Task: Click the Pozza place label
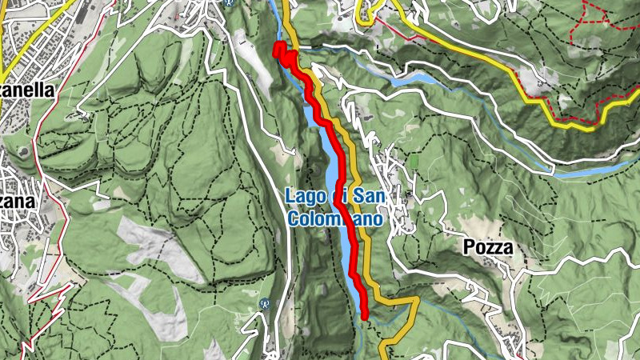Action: click(487, 249)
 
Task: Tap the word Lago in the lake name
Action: click(302, 196)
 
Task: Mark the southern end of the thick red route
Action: click(364, 315)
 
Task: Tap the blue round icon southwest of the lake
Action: click(264, 303)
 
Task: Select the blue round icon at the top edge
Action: click(230, 2)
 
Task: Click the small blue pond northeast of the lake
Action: click(421, 78)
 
